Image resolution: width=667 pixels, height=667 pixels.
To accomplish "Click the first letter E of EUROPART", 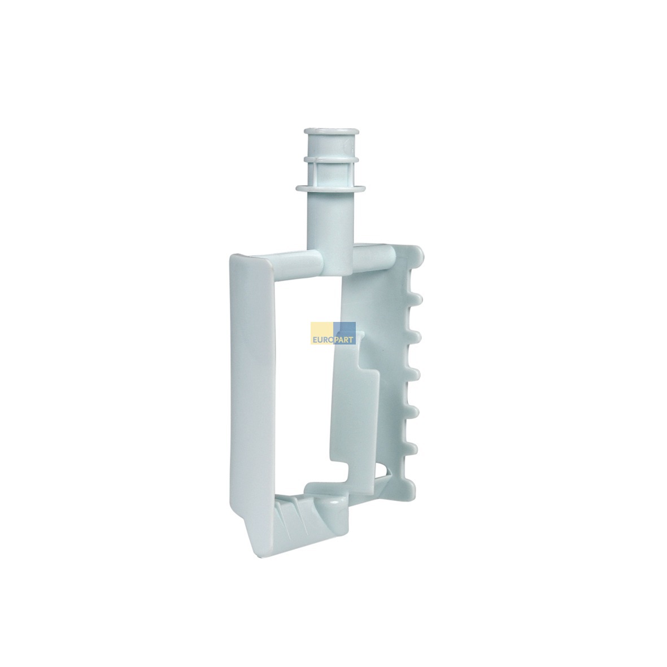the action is [x=315, y=341].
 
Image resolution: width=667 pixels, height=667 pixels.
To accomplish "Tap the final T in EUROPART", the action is [x=352, y=341].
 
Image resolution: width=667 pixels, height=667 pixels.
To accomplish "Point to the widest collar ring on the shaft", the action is [x=331, y=189].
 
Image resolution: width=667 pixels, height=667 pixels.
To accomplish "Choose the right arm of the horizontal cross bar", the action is [x=374, y=258].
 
